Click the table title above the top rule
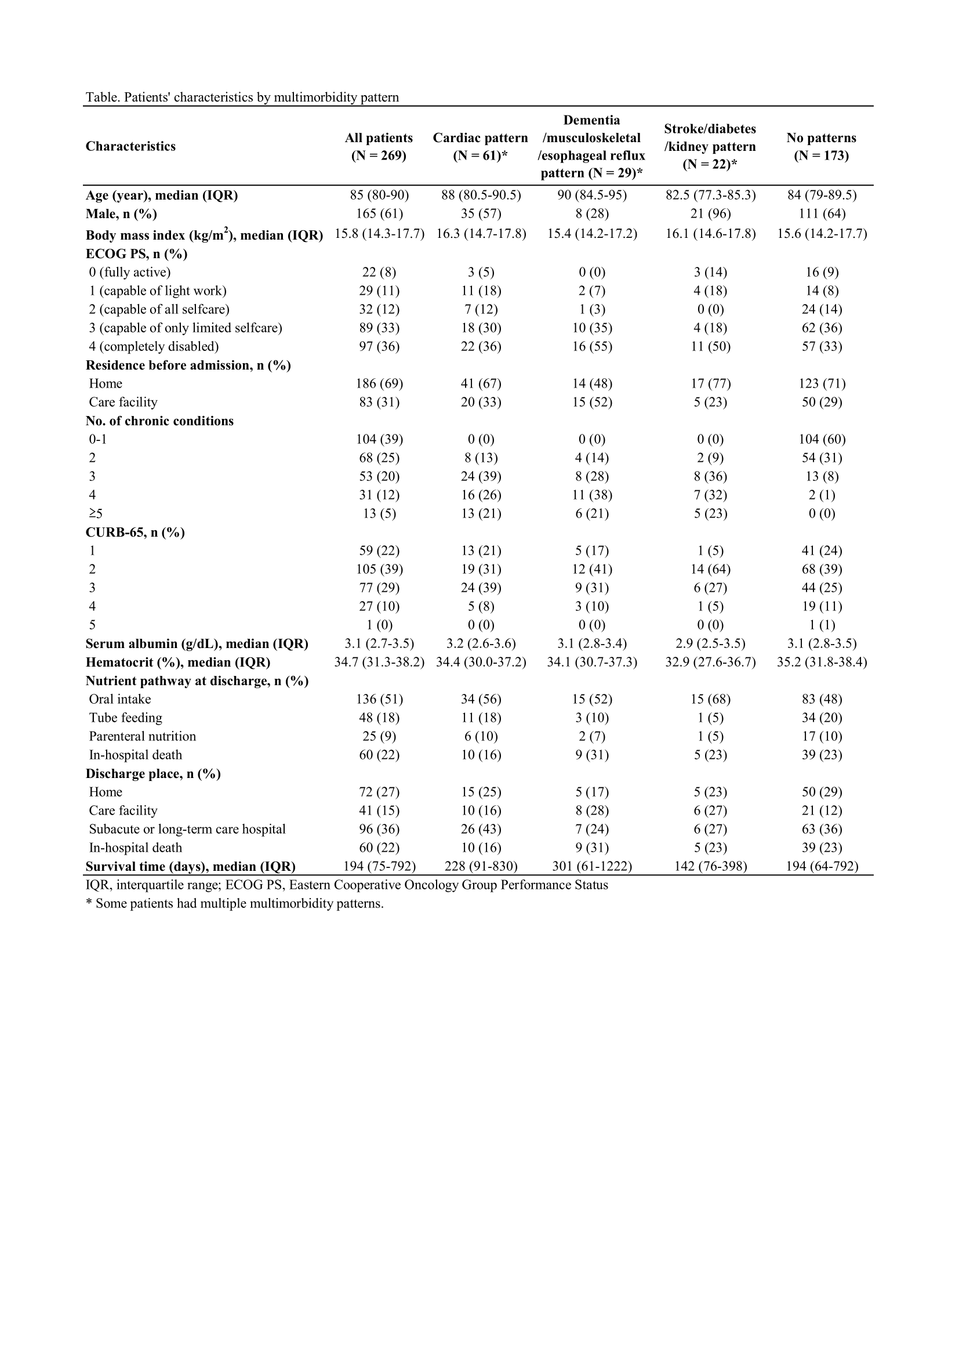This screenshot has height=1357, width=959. point(242,97)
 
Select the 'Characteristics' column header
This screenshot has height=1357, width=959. point(130,146)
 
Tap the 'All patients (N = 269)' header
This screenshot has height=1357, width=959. point(379,146)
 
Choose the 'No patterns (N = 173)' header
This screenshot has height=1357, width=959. point(821,146)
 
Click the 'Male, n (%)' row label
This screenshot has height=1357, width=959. point(121,213)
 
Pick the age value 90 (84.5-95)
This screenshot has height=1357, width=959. point(592,195)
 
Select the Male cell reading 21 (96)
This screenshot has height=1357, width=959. point(710,213)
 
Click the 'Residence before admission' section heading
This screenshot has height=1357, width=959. point(188,366)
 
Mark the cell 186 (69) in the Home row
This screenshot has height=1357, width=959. point(379,383)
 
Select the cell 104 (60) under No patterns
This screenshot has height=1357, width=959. point(822,439)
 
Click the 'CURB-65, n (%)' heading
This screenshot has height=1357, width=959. point(135,533)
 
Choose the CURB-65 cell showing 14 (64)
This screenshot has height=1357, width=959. point(710,569)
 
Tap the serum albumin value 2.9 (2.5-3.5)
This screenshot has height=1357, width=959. point(710,643)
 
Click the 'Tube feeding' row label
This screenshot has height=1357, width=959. point(125,718)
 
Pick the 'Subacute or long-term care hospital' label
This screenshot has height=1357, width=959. point(187,829)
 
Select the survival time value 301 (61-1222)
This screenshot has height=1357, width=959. point(592,866)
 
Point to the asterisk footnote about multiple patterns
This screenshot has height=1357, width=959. point(234,904)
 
